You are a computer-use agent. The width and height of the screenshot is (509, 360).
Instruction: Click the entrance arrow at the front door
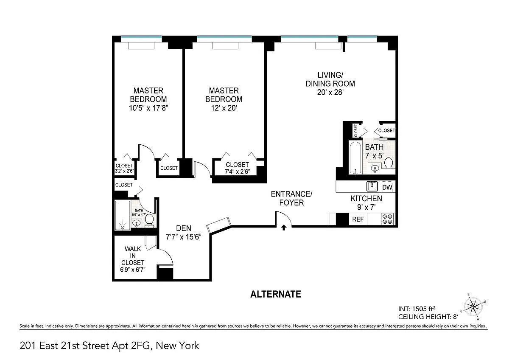(x=284, y=228)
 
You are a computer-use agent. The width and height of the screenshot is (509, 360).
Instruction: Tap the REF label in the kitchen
(x=358, y=219)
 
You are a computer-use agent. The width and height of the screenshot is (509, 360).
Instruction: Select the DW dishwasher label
(x=387, y=187)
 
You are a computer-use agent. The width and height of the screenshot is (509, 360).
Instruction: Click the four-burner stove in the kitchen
(x=387, y=219)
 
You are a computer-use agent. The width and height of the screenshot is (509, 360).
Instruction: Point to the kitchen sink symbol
(x=372, y=186)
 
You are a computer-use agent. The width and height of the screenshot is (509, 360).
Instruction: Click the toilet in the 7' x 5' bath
(x=389, y=163)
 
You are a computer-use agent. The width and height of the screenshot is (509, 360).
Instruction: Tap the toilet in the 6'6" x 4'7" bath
(x=149, y=221)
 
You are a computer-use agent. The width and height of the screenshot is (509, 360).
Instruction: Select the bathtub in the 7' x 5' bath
(x=355, y=158)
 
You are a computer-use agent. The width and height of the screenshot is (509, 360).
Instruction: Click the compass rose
(x=473, y=307)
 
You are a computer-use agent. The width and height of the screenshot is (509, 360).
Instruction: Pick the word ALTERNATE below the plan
(x=276, y=294)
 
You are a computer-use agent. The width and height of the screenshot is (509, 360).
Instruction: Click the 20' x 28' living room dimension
(x=330, y=92)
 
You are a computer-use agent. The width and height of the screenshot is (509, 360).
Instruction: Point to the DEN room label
(x=184, y=228)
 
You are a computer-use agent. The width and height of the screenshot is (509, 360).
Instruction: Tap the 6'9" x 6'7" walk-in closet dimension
(x=133, y=270)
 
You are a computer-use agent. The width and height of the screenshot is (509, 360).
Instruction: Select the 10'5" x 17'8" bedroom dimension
(x=148, y=108)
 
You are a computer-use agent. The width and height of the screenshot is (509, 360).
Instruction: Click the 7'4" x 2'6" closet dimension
(x=237, y=172)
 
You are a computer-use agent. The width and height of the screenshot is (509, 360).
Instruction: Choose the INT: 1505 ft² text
(x=417, y=309)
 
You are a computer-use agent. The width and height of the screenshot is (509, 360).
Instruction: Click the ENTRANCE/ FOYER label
(x=291, y=198)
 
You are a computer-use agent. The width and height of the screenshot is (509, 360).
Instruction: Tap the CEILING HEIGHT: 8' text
(x=428, y=317)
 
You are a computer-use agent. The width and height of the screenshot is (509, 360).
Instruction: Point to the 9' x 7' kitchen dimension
(x=366, y=207)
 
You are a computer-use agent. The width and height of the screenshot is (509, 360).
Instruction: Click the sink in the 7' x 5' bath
(x=374, y=169)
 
